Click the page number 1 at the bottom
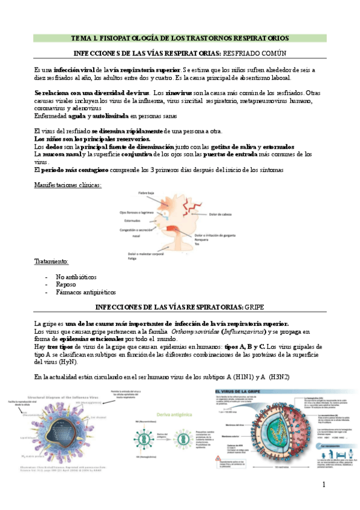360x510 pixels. point(323,485)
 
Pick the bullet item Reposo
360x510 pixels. point(66,284)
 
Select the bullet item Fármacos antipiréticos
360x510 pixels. point(85,292)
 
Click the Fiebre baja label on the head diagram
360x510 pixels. point(147,194)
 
